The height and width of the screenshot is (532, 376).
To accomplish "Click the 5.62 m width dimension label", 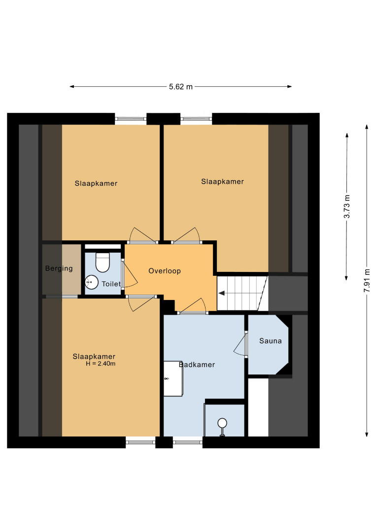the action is [x=181, y=87].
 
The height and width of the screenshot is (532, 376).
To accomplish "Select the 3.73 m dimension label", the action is [x=347, y=206].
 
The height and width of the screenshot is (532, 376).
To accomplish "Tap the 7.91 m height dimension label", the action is [x=367, y=281].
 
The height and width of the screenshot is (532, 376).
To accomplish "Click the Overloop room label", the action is [x=165, y=271].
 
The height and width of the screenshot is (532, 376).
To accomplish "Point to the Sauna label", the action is [x=271, y=341].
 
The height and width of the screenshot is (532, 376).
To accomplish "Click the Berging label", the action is [x=59, y=269].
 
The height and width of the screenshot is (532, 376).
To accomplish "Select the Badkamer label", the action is [x=197, y=365].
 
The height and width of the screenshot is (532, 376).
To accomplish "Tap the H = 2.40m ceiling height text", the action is [x=101, y=364].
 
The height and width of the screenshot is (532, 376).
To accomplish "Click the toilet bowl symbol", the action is [x=103, y=262].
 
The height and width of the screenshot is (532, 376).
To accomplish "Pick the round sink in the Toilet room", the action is [x=92, y=282].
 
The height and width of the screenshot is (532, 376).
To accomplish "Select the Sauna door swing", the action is [x=241, y=344].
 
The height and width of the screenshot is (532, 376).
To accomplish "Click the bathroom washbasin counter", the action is [x=173, y=378].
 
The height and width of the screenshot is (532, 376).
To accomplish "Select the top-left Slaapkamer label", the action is [x=96, y=184].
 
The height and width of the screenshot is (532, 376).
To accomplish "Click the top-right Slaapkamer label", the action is [x=223, y=181].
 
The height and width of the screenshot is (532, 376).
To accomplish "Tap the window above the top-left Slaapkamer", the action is [x=131, y=119].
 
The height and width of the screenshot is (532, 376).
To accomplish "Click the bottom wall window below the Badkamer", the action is [x=188, y=442].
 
